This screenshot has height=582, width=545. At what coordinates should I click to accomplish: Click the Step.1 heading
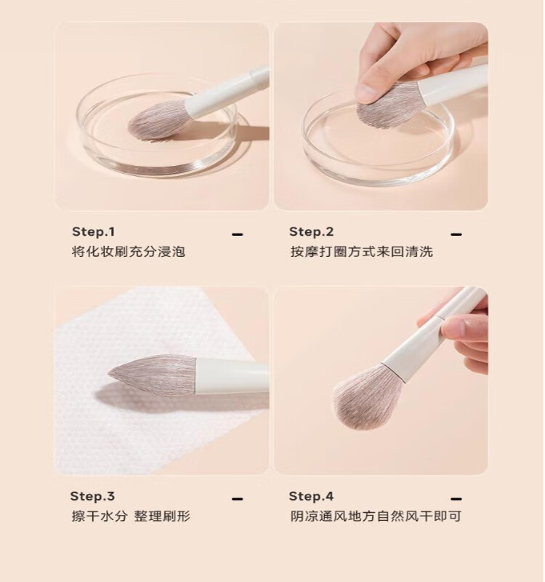click(x=94, y=231)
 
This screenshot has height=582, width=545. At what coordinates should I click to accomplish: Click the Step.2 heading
click(x=312, y=231)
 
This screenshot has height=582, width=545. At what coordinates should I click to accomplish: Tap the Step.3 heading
click(x=93, y=496)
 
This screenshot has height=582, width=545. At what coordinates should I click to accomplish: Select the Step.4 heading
click(x=311, y=496)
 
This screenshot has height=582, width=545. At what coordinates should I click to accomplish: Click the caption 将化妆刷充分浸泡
click(x=129, y=252)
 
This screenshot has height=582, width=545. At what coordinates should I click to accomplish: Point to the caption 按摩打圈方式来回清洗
click(x=361, y=252)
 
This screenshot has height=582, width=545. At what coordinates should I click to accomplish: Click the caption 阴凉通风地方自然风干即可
click(x=376, y=517)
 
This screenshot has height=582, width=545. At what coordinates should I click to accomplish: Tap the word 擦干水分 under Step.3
click(x=100, y=517)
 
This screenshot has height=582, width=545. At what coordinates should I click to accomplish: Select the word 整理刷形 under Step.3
click(x=162, y=517)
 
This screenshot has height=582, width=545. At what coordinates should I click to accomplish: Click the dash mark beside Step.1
click(x=238, y=234)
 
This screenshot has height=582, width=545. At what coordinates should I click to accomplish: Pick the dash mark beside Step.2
click(x=456, y=234)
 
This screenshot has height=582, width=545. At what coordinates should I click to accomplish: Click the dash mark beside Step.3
click(x=238, y=499)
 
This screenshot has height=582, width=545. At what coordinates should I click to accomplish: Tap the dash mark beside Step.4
click(x=456, y=499)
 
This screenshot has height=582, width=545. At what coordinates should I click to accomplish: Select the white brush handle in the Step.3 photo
click(x=232, y=376)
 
